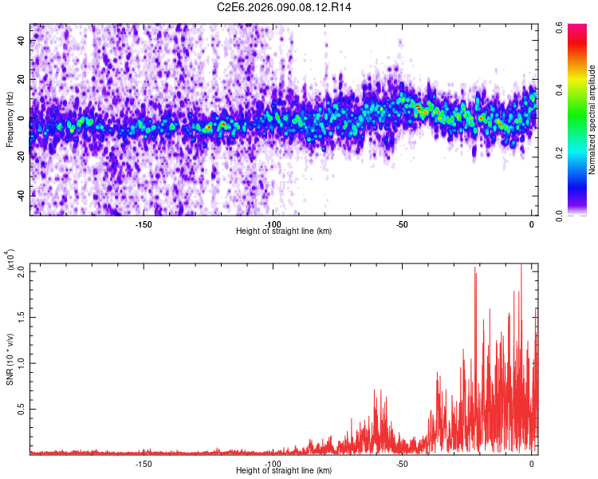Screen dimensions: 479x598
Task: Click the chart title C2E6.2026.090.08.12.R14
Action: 285,7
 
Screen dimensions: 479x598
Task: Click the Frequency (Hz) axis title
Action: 9,120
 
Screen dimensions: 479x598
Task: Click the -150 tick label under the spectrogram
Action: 144,224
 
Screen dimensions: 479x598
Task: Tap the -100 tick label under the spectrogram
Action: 273,224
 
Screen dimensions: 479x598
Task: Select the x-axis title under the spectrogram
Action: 284,232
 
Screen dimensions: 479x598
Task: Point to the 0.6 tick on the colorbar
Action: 560,26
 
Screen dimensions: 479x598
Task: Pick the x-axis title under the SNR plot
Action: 284,471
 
